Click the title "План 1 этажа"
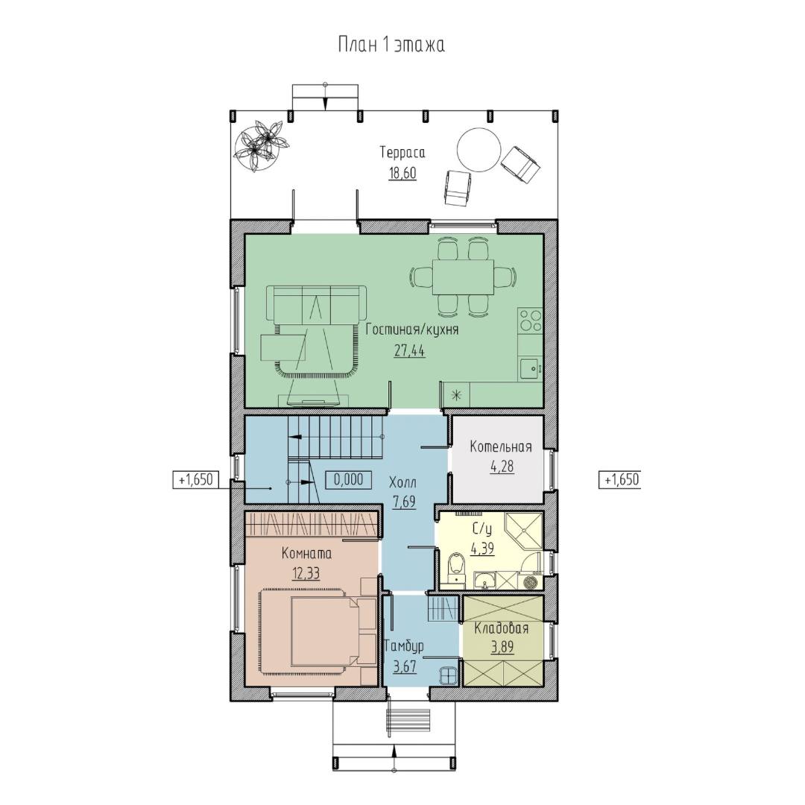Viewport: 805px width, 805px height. pyautogui.click(x=391, y=45)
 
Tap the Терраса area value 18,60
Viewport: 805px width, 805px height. pyautogui.click(x=402, y=174)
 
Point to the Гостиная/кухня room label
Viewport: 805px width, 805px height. pyautogui.click(x=412, y=329)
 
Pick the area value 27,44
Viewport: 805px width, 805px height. pyautogui.click(x=410, y=350)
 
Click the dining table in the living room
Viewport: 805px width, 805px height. pyautogui.click(x=463, y=277)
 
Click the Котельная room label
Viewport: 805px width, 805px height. pyautogui.click(x=501, y=446)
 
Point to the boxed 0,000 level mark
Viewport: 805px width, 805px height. pyautogui.click(x=348, y=480)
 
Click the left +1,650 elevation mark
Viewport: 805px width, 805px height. pyautogui.click(x=195, y=479)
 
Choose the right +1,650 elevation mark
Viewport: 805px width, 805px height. pyautogui.click(x=619, y=479)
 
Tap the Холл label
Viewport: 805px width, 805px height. pyautogui.click(x=403, y=482)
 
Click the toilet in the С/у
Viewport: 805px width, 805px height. pyautogui.click(x=455, y=569)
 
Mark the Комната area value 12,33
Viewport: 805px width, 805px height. pyautogui.click(x=306, y=573)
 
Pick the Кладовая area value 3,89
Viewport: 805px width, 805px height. pyautogui.click(x=502, y=648)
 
